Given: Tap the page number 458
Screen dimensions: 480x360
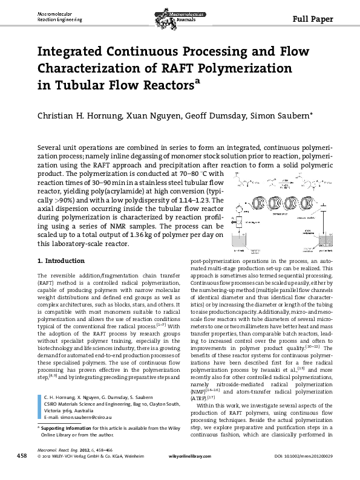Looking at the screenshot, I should pyautogui.click(x=21, y=467).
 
